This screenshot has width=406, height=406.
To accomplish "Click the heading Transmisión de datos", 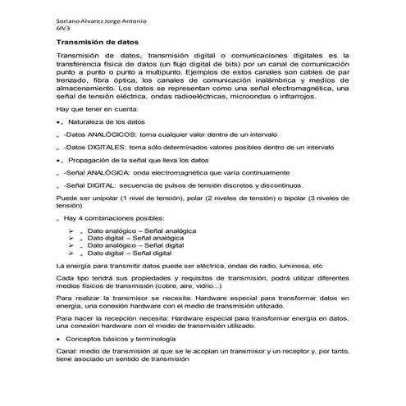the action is [x=97, y=40].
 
